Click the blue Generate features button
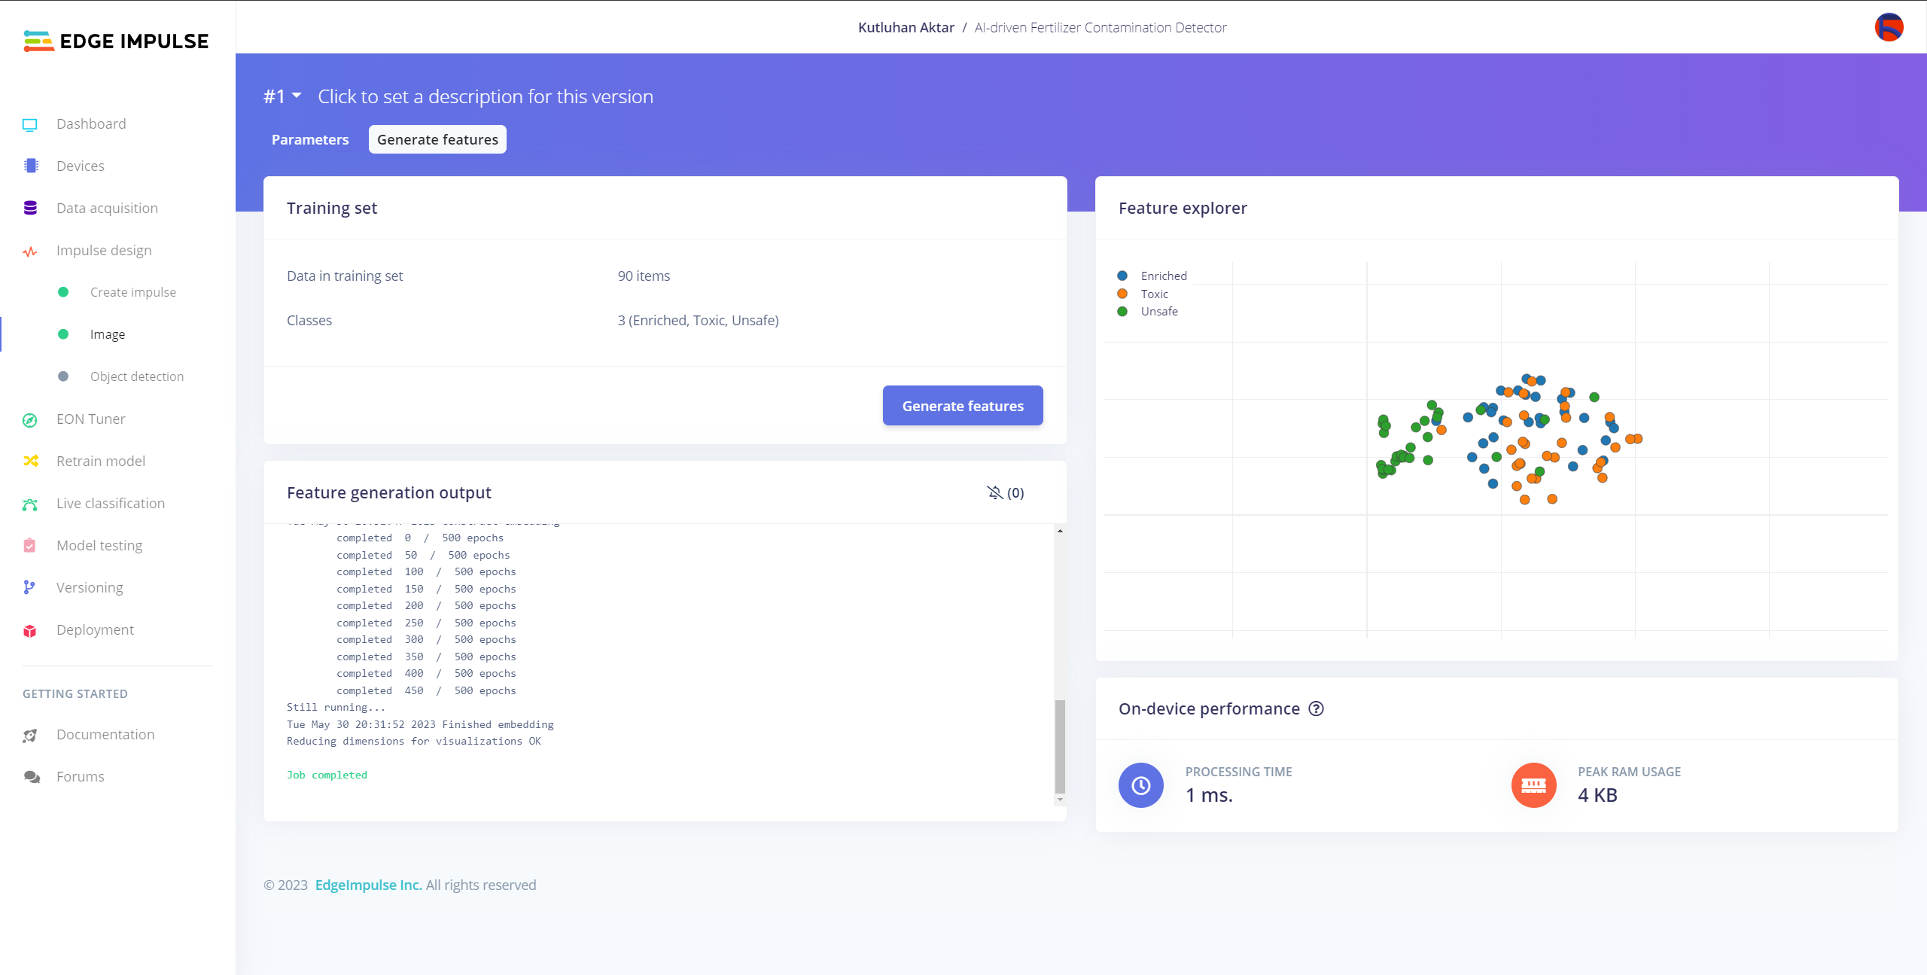pyautogui.click(x=962, y=406)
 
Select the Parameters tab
pyautogui.click(x=310, y=139)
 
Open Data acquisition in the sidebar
pyautogui.click(x=107, y=208)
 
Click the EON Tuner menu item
pyautogui.click(x=90, y=419)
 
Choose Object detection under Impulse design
pyautogui.click(x=136, y=376)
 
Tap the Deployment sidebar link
pyautogui.click(x=95, y=629)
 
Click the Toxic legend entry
pyautogui.click(x=1154, y=294)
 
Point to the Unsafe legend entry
pyautogui.click(x=1158, y=311)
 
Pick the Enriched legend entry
pyautogui.click(x=1163, y=276)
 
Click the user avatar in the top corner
pyautogui.click(x=1889, y=28)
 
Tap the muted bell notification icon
pyautogui.click(x=995, y=492)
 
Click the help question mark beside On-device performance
pyautogui.click(x=1316, y=708)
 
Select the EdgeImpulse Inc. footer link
pyautogui.click(x=368, y=885)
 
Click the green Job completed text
pyautogui.click(x=327, y=775)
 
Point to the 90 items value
pyautogui.click(x=644, y=276)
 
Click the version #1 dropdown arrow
pyautogui.click(x=297, y=96)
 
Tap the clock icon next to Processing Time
pyautogui.click(x=1140, y=785)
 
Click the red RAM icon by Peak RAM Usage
pyautogui.click(x=1533, y=785)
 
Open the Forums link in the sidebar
pyautogui.click(x=80, y=776)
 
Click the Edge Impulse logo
pyautogui.click(x=117, y=41)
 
